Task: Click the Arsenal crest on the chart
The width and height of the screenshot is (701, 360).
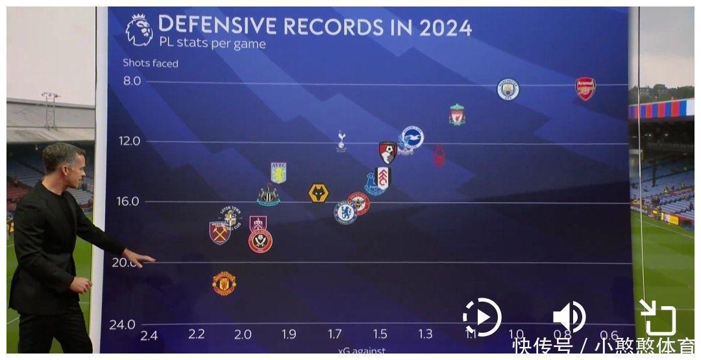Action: click(585, 89)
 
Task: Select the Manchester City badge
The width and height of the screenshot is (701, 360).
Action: click(508, 89)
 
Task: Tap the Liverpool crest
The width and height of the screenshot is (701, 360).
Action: click(457, 115)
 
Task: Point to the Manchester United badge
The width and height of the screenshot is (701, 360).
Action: click(224, 283)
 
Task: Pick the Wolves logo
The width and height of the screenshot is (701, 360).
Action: click(318, 193)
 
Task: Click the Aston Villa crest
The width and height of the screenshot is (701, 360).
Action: click(278, 173)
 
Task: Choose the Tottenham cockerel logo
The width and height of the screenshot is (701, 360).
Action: click(341, 141)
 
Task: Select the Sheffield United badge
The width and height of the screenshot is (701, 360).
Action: click(260, 241)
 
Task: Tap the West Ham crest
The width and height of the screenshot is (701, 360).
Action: click(220, 233)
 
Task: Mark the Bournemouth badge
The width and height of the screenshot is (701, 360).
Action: click(388, 152)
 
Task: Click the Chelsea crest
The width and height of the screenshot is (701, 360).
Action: click(345, 212)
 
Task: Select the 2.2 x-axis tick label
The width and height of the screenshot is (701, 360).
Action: click(196, 334)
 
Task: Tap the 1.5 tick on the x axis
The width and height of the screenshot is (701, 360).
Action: click(380, 334)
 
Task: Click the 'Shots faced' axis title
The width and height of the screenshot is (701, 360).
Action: click(151, 63)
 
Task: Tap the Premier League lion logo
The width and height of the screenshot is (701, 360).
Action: click(139, 30)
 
